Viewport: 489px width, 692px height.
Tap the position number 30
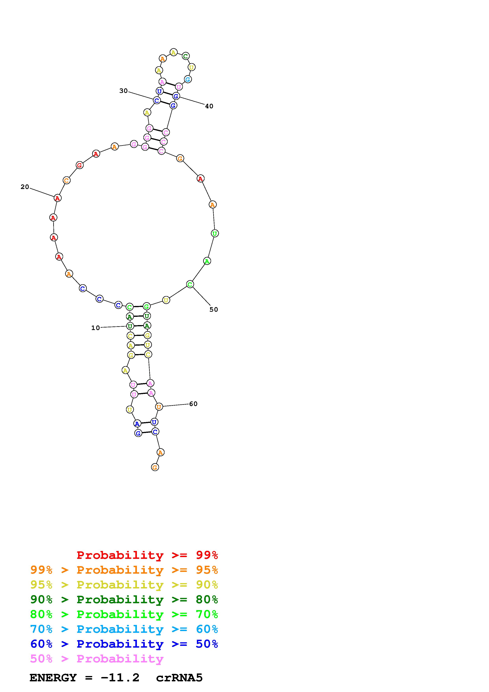coord(123,91)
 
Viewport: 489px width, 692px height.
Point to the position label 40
coord(209,106)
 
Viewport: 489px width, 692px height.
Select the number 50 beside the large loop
coord(214,310)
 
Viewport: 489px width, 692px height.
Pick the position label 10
coord(95,328)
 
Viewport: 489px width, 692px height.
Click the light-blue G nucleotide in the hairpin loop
coord(188,79)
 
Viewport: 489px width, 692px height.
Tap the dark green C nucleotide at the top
coord(186,56)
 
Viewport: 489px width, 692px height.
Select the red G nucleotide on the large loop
coord(79,165)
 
